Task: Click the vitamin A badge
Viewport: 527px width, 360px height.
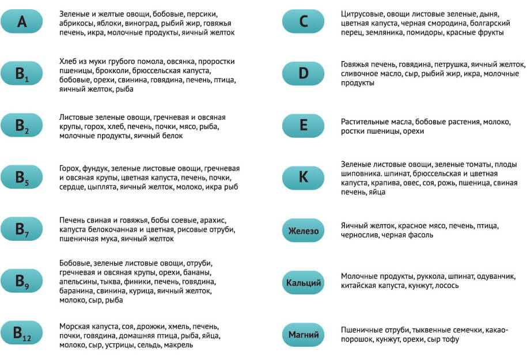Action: [22, 22]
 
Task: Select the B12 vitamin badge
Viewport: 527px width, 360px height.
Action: [22, 334]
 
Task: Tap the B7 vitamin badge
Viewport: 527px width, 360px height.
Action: [22, 229]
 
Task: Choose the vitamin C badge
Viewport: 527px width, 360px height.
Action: [304, 22]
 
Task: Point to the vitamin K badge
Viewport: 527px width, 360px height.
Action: [304, 177]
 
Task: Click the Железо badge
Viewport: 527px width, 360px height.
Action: [304, 231]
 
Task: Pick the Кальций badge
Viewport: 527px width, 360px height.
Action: [304, 283]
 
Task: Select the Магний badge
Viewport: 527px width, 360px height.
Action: [304, 335]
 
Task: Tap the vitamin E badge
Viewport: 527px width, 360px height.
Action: [304, 126]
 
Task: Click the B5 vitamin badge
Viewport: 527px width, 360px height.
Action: [22, 177]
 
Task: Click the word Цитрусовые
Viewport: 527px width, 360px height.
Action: [363, 13]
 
